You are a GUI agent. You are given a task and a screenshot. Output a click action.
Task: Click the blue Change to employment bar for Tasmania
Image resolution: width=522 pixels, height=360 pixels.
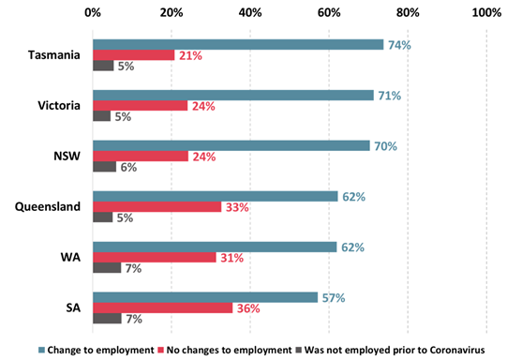[238, 44]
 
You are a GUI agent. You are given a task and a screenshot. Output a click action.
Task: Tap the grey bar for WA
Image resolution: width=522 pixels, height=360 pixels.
[106, 268]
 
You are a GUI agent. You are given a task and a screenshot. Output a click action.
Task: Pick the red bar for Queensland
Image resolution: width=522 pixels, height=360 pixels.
[157, 206]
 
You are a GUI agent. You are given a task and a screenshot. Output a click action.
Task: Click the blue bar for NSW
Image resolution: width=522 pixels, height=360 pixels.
[233, 145]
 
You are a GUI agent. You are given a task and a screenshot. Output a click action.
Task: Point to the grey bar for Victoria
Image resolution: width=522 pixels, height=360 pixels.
[102, 116]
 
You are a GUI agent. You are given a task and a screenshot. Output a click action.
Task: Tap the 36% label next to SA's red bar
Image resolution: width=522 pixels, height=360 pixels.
[246, 307]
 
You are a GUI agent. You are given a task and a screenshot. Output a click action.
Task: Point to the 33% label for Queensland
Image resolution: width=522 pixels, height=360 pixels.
[235, 206]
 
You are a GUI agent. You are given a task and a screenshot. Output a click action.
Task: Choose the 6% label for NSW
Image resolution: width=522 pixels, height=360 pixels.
[127, 167]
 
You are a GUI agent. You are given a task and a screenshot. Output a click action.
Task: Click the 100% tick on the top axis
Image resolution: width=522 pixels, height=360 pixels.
[485, 13]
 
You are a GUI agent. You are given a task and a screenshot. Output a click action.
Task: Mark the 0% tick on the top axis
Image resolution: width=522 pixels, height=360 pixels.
[93, 13]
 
